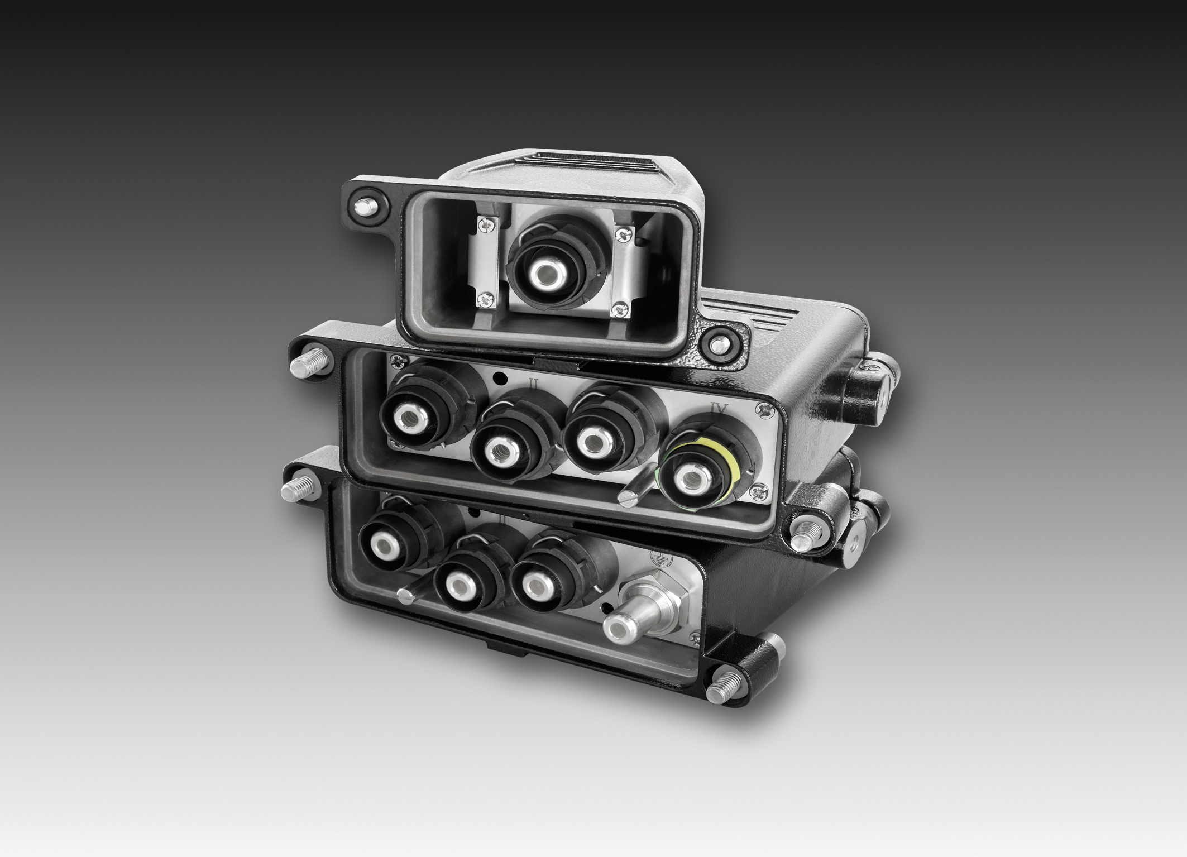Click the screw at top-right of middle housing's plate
coord(762,411)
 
